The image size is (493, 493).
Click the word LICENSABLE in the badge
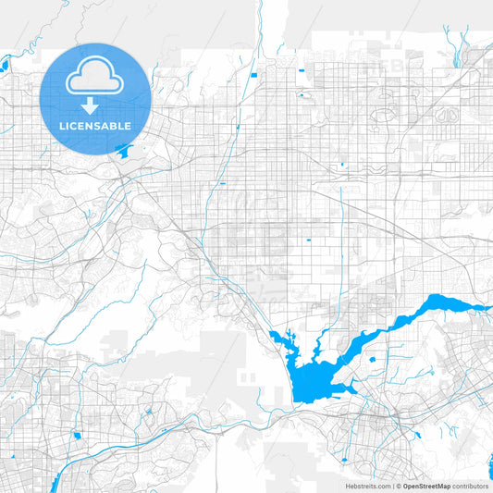point(96,126)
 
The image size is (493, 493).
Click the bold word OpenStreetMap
point(426,486)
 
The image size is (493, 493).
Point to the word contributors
point(470,486)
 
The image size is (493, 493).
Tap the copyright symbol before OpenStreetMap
point(398,486)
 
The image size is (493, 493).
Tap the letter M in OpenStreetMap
point(444,486)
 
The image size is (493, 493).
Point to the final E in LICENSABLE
point(129,126)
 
